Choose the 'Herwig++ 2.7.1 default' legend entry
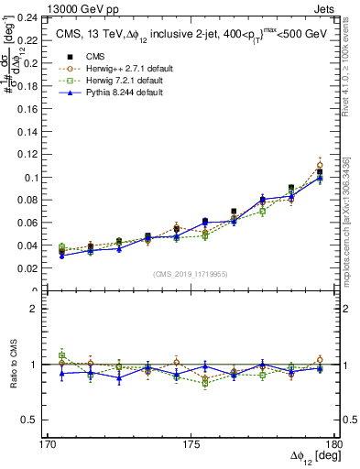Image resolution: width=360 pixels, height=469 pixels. coord(124,68)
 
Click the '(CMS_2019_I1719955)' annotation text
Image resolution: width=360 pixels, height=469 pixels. coord(191,273)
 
